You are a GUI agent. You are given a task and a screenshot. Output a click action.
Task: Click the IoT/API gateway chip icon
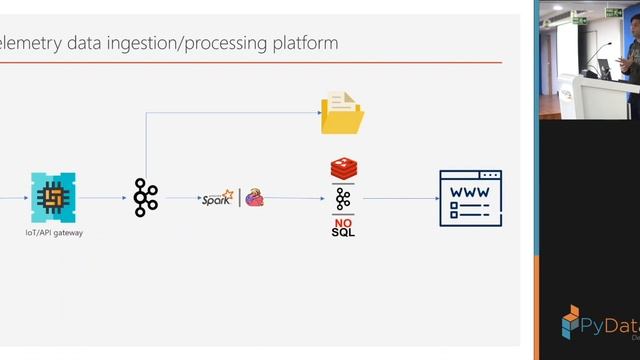pos(53,196)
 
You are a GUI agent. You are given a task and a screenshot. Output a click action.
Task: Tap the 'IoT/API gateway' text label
pos(53,232)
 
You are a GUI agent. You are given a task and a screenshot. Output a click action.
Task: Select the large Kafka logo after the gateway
pos(146,197)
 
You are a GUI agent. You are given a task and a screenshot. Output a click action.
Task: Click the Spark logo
pos(217,198)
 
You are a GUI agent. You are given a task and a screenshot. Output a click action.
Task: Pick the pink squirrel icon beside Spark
pos(254,197)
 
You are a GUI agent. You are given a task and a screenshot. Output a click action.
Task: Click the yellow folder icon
pos(342,113)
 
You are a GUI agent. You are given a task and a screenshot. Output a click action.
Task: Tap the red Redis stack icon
pos(343,169)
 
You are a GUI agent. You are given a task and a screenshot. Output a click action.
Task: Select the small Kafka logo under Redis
pos(343,198)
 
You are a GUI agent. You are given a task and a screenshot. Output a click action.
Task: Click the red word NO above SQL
pos(343,221)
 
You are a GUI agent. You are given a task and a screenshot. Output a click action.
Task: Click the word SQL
pos(343,232)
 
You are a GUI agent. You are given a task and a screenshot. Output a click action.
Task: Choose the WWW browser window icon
pos(470,198)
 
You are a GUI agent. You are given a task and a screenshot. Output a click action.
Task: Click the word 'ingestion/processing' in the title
pos(177,43)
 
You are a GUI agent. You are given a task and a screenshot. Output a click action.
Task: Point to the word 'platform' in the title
pos(304,43)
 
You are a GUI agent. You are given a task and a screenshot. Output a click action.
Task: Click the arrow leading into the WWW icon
pos(400,198)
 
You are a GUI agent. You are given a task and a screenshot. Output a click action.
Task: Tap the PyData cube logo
pos(571,320)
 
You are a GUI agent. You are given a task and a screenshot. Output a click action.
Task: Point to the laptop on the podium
pos(605,67)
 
